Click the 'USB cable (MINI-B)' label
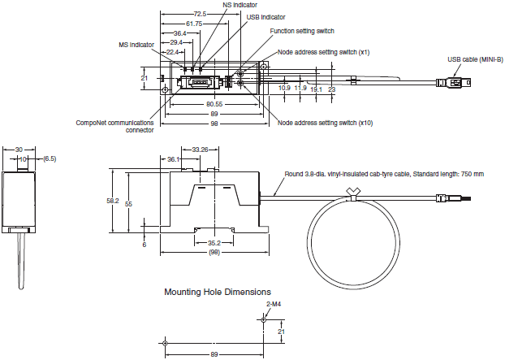(474, 59)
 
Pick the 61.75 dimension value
(193, 24)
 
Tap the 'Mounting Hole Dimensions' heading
(218, 292)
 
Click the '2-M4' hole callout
(274, 304)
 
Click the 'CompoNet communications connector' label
(108, 125)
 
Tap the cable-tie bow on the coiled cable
(353, 192)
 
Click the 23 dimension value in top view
(332, 89)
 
